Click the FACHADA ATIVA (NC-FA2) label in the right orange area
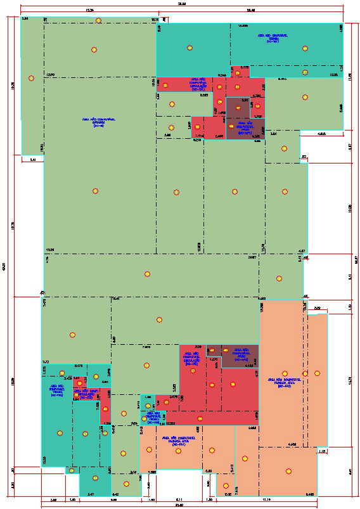pyautogui.click(x=284, y=382)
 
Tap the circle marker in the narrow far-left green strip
pyautogui.click(x=31, y=78)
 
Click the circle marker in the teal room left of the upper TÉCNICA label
pyautogui.click(x=190, y=48)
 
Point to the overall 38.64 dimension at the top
pyautogui.click(x=182, y=4)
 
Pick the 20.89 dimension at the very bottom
pyautogui.click(x=179, y=505)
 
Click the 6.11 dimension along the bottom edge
pyautogui.click(x=179, y=499)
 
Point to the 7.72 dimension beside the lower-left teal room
pyautogui.click(x=46, y=361)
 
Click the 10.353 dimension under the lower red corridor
pyautogui.click(x=170, y=423)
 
